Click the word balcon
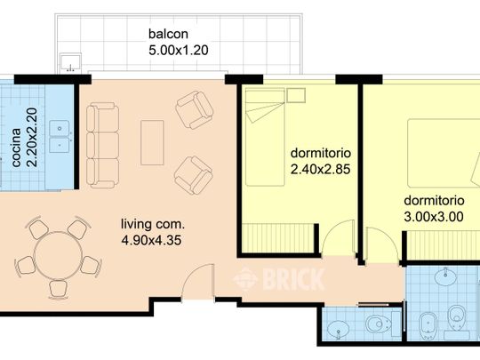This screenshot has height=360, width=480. point(168,34)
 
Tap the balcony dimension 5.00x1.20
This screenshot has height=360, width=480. point(179,50)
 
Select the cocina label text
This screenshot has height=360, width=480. point(16,148)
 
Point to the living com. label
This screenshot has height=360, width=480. point(153,224)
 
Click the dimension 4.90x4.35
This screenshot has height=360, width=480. point(151,240)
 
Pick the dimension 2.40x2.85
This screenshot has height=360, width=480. point(320,169)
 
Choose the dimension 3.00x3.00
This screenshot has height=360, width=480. point(434,217)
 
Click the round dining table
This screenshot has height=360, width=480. point(58,255)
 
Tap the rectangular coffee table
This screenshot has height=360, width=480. point(152,142)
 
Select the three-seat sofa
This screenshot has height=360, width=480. point(102,145)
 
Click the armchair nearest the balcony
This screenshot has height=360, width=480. point(195,109)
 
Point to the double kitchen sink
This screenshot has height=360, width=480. point(60,137)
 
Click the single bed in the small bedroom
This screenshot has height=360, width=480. point(265,137)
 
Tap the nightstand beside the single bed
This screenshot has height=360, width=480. point(296,95)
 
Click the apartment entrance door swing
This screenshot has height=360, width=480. point(197,283)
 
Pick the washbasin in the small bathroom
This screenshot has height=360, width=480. point(338,329)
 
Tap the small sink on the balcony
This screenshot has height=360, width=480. point(70,62)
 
